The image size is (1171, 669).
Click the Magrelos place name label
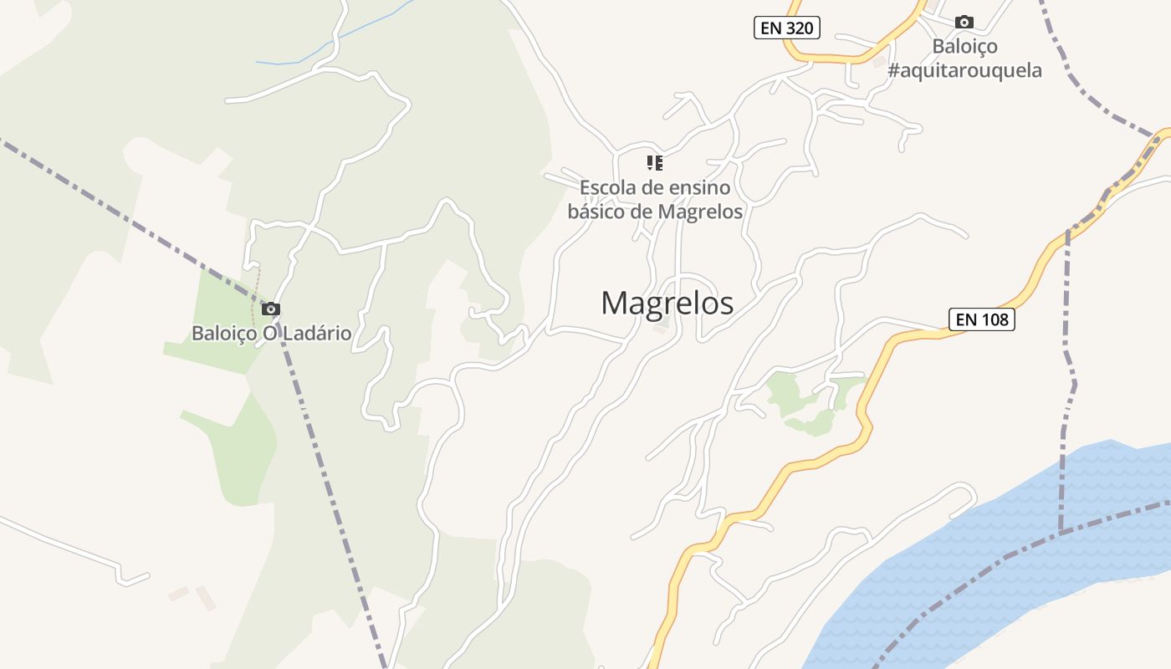point(667,303)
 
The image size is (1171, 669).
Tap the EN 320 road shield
point(786,28)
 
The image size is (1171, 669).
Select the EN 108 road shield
point(981,319)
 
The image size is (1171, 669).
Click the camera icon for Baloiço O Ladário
point(270,309)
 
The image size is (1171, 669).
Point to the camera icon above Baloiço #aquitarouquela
point(964,23)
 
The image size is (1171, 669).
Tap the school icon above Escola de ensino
point(654,162)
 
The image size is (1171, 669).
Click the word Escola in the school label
point(606,187)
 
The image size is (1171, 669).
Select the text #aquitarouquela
point(964,70)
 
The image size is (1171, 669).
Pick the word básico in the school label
point(596,212)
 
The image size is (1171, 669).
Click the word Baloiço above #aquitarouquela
point(964,46)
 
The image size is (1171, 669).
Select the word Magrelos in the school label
point(700,212)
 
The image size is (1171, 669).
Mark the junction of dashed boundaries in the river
point(1061,532)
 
